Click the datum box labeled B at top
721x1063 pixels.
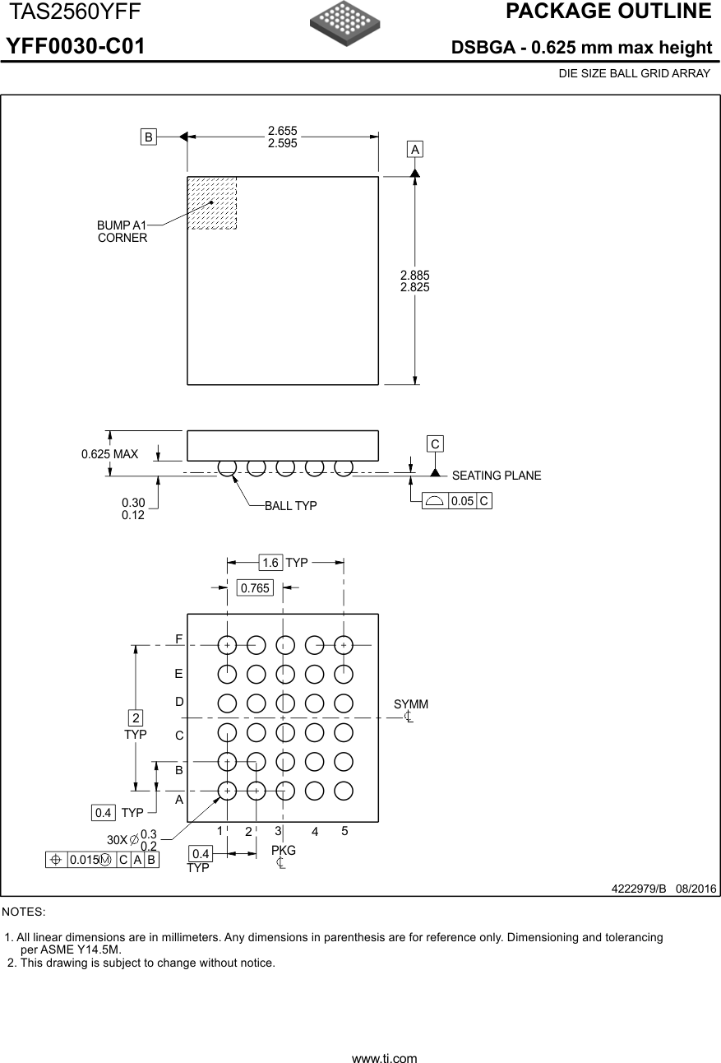coord(149,137)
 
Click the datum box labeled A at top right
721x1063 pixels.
coord(415,149)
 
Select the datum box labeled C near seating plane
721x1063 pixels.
coord(435,444)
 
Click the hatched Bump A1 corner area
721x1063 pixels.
coord(212,202)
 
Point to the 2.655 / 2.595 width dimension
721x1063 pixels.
coord(282,137)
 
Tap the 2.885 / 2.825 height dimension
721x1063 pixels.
coord(414,281)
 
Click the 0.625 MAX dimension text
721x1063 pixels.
coord(109,454)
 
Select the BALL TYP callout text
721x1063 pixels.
coord(290,506)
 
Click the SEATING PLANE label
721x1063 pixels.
coord(497,476)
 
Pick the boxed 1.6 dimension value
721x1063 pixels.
coord(270,563)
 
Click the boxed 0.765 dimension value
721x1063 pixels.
coord(255,587)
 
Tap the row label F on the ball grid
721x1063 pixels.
coord(178,639)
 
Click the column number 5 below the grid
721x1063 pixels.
coord(344,831)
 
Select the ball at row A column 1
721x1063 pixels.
coord(227,790)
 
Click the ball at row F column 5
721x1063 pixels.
coord(344,645)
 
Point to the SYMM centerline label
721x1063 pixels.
coord(410,705)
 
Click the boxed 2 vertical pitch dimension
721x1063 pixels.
coord(136,717)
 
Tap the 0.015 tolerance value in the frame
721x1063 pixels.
coord(83,860)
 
